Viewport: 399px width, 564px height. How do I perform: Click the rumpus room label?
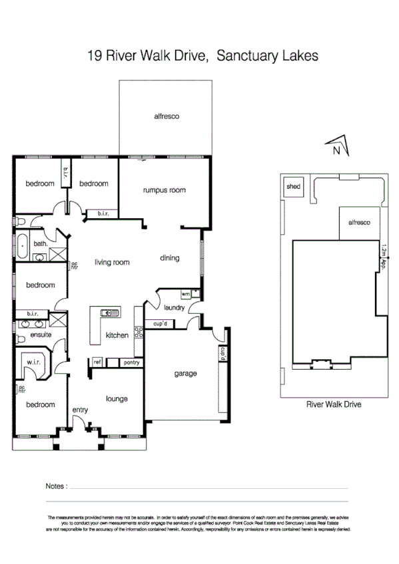(x=164, y=190)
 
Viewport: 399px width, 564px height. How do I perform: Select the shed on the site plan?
(x=293, y=187)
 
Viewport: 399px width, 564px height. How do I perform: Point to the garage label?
(x=186, y=374)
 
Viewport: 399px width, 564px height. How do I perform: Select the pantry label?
(x=131, y=362)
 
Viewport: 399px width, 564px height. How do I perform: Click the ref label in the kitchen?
(x=97, y=362)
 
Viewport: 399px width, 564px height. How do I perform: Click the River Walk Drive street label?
(x=333, y=404)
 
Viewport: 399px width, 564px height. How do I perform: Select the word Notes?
(x=56, y=486)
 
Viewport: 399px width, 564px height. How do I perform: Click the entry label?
(x=80, y=410)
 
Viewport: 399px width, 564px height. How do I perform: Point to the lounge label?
(x=117, y=399)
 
